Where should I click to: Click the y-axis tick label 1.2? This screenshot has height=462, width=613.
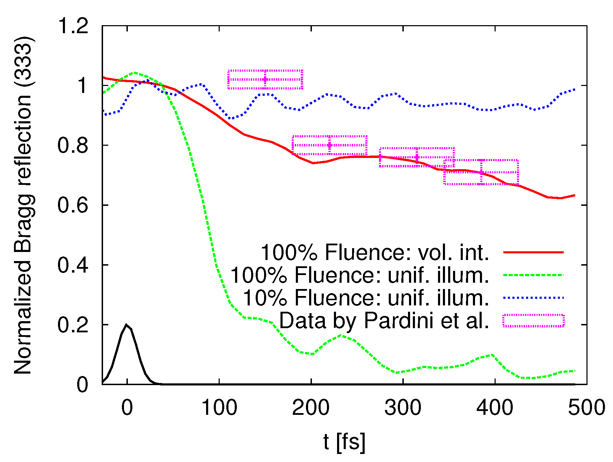point(73,26)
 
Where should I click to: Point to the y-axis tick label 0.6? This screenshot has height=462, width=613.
point(73,205)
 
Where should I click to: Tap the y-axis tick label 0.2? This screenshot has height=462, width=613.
point(73,325)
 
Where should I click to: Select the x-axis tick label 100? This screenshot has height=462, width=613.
point(219,407)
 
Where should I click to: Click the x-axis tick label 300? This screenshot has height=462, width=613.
point(403,407)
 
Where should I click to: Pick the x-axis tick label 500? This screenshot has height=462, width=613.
point(586,407)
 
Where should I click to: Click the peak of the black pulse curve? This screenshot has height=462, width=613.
point(126,325)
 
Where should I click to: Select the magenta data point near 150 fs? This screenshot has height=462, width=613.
point(265,79)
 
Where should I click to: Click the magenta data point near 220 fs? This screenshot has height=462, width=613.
point(329,145)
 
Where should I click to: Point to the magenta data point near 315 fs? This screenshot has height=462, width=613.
point(417,157)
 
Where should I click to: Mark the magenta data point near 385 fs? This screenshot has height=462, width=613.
point(481,172)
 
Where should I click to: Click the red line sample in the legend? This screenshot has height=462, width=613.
point(533,252)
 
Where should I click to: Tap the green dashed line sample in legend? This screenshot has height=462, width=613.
point(533,275)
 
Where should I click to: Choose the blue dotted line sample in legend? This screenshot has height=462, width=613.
point(533,298)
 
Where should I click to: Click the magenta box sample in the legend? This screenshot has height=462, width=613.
point(533,320)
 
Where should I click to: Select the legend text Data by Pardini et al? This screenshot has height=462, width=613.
point(384,320)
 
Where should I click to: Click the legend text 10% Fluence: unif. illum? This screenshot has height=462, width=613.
point(366,298)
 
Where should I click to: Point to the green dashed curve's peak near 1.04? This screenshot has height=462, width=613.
point(134,73)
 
